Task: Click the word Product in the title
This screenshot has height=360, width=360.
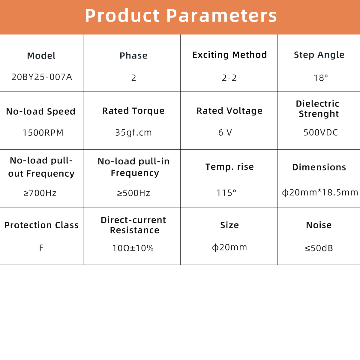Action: (122, 16)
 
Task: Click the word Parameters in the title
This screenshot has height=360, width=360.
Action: (222, 16)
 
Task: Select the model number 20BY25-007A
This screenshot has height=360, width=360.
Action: (42, 77)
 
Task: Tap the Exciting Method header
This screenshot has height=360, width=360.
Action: (229, 55)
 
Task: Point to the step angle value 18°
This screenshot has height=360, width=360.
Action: (321, 78)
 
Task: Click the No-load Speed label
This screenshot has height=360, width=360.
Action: (41, 112)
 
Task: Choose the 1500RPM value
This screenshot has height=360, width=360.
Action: (43, 133)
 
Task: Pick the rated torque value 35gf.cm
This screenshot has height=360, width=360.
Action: (133, 133)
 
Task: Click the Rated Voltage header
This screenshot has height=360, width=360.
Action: (229, 111)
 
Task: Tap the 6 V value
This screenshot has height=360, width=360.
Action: (225, 133)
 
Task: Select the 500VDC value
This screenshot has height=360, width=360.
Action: (321, 133)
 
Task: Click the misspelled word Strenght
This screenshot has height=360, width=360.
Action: (319, 114)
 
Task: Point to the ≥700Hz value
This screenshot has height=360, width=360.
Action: (40, 193)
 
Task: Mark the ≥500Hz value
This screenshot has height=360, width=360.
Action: (133, 193)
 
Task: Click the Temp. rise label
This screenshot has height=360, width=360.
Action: (229, 167)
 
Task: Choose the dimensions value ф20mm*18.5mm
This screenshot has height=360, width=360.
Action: (320, 192)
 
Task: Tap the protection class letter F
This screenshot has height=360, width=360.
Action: (41, 248)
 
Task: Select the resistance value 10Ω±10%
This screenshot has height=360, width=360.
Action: (133, 248)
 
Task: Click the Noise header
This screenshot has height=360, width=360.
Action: (319, 225)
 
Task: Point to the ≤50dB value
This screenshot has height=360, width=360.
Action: (319, 248)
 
